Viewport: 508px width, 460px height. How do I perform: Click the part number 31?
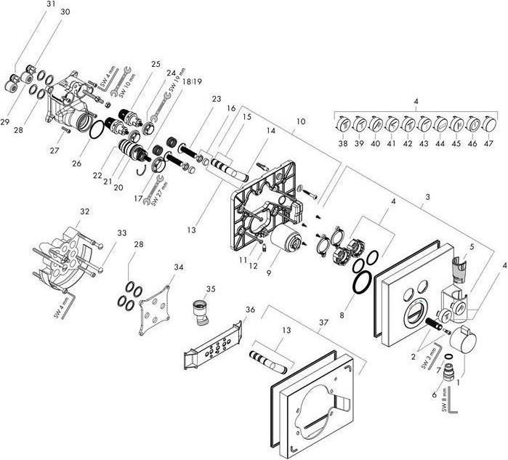(30, 4)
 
